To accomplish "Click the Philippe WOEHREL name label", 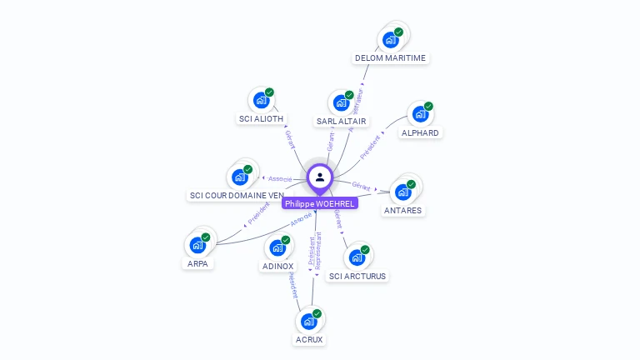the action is [320, 203].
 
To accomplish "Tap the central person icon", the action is [320, 177].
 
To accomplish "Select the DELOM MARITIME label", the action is [390, 58].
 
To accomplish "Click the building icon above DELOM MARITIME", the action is [390, 39].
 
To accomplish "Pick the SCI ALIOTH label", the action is [261, 119].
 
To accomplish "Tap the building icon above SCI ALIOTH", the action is [261, 100].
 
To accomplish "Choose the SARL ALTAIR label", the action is [341, 122].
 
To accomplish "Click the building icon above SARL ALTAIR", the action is [341, 102].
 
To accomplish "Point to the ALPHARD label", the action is [420, 132].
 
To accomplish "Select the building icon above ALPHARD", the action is [420, 114].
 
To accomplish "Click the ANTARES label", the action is [402, 211].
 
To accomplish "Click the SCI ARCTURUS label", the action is [357, 276].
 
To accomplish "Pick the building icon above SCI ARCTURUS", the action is [357, 257].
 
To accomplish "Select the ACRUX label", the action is [308, 340].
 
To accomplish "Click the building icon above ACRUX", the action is [308, 321].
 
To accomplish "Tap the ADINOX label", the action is [277, 267].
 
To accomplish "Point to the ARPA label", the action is [197, 264].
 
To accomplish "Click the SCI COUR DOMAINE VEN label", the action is [237, 196].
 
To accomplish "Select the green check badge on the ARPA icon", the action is [206, 237].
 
